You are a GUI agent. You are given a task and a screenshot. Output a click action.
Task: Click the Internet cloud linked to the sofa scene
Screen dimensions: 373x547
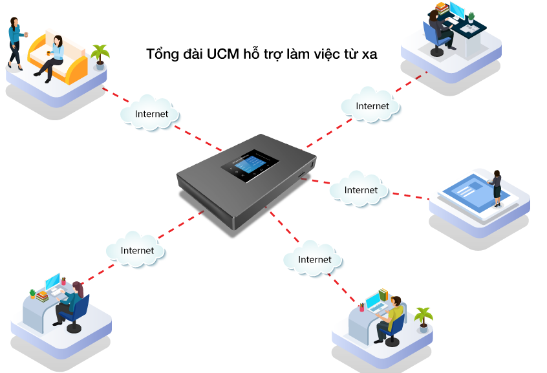(150, 114)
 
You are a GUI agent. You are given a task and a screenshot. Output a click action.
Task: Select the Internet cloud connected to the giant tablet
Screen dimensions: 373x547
(360, 189)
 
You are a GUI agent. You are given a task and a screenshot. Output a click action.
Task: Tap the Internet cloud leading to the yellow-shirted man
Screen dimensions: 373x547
(314, 259)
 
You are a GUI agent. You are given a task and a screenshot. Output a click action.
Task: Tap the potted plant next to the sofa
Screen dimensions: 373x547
(100, 56)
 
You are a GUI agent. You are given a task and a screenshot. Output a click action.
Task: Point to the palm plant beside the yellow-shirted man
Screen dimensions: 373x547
(424, 317)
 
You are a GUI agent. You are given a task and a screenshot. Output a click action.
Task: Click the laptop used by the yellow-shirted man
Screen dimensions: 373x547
(374, 302)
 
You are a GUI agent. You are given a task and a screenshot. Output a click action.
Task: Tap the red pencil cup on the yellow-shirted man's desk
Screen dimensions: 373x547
(361, 307)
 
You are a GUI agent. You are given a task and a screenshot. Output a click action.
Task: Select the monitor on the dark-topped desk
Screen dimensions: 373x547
(457, 11)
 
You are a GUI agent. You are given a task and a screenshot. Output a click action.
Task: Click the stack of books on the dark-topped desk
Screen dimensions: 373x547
(442, 8)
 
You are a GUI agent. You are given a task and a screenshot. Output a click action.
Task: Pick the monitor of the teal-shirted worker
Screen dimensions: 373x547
(52, 282)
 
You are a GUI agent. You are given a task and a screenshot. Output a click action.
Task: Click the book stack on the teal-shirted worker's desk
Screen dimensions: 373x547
(42, 295)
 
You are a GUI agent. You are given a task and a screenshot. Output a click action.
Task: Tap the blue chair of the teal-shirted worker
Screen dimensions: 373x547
(80, 312)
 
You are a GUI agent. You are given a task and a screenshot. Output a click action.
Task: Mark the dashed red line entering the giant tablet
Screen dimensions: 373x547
(411, 195)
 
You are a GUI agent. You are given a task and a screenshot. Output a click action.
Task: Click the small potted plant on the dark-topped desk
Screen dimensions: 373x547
(471, 17)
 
